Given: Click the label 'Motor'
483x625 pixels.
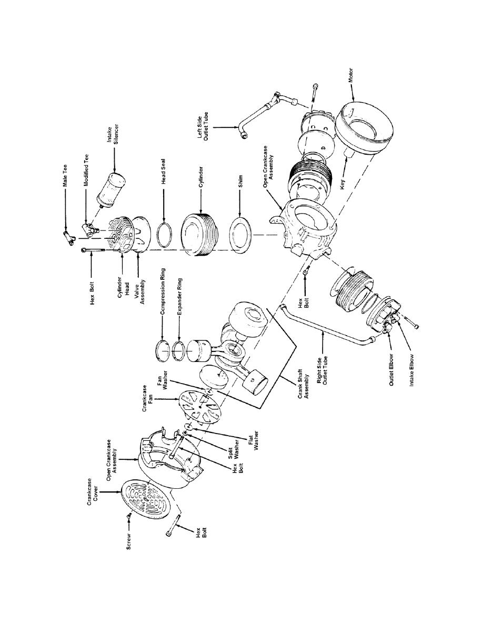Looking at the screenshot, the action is pos(351,75).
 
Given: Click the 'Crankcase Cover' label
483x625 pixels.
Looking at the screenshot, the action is pos(93,492).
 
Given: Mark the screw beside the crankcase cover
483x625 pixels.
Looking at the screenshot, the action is pos(129,516).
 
